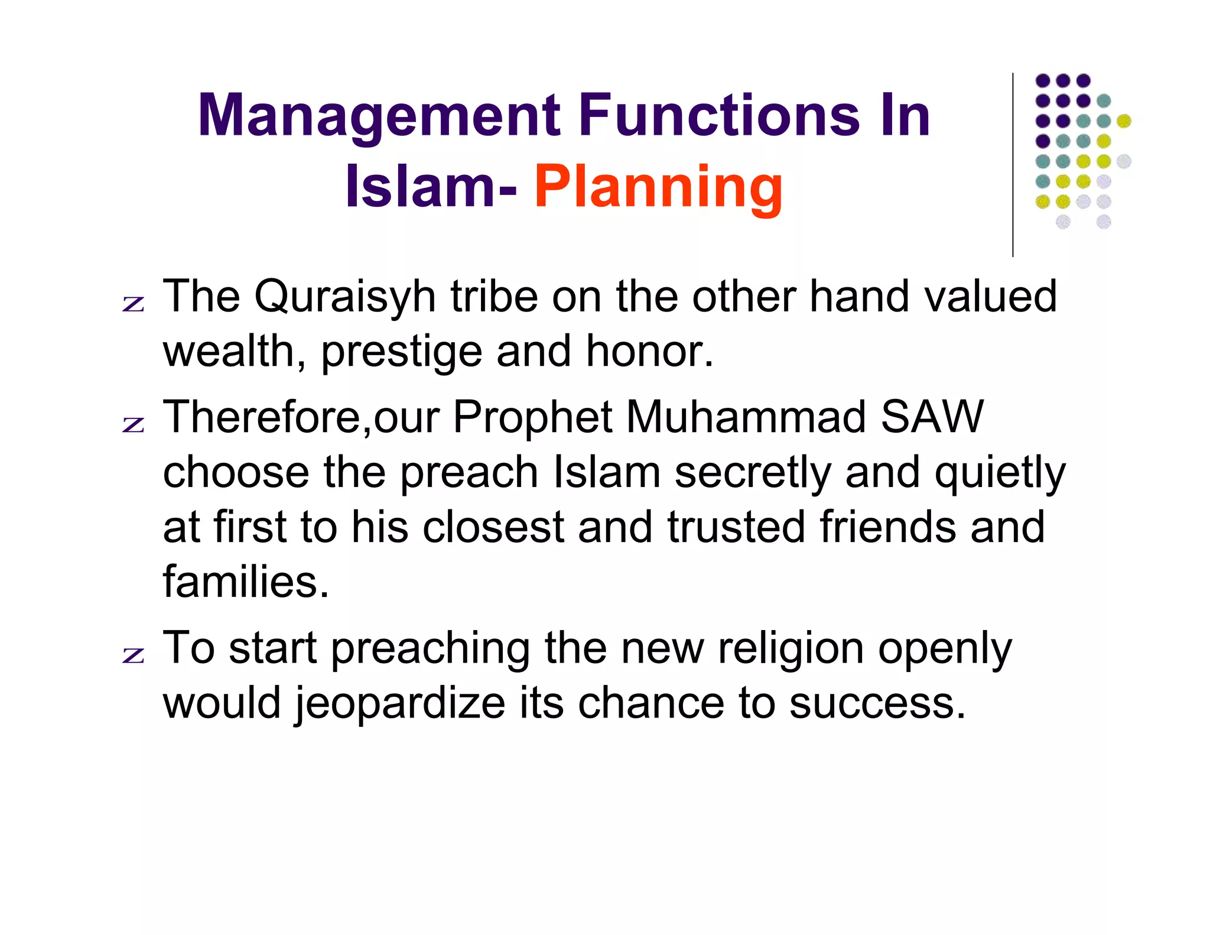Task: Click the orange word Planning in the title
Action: [x=658, y=187]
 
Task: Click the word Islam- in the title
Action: [x=431, y=187]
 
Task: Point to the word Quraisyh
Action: [x=344, y=296]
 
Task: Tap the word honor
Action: [x=649, y=351]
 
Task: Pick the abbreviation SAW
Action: [x=932, y=417]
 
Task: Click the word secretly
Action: [x=752, y=472]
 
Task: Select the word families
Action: [x=245, y=582]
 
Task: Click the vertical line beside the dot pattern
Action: [x=1013, y=165]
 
